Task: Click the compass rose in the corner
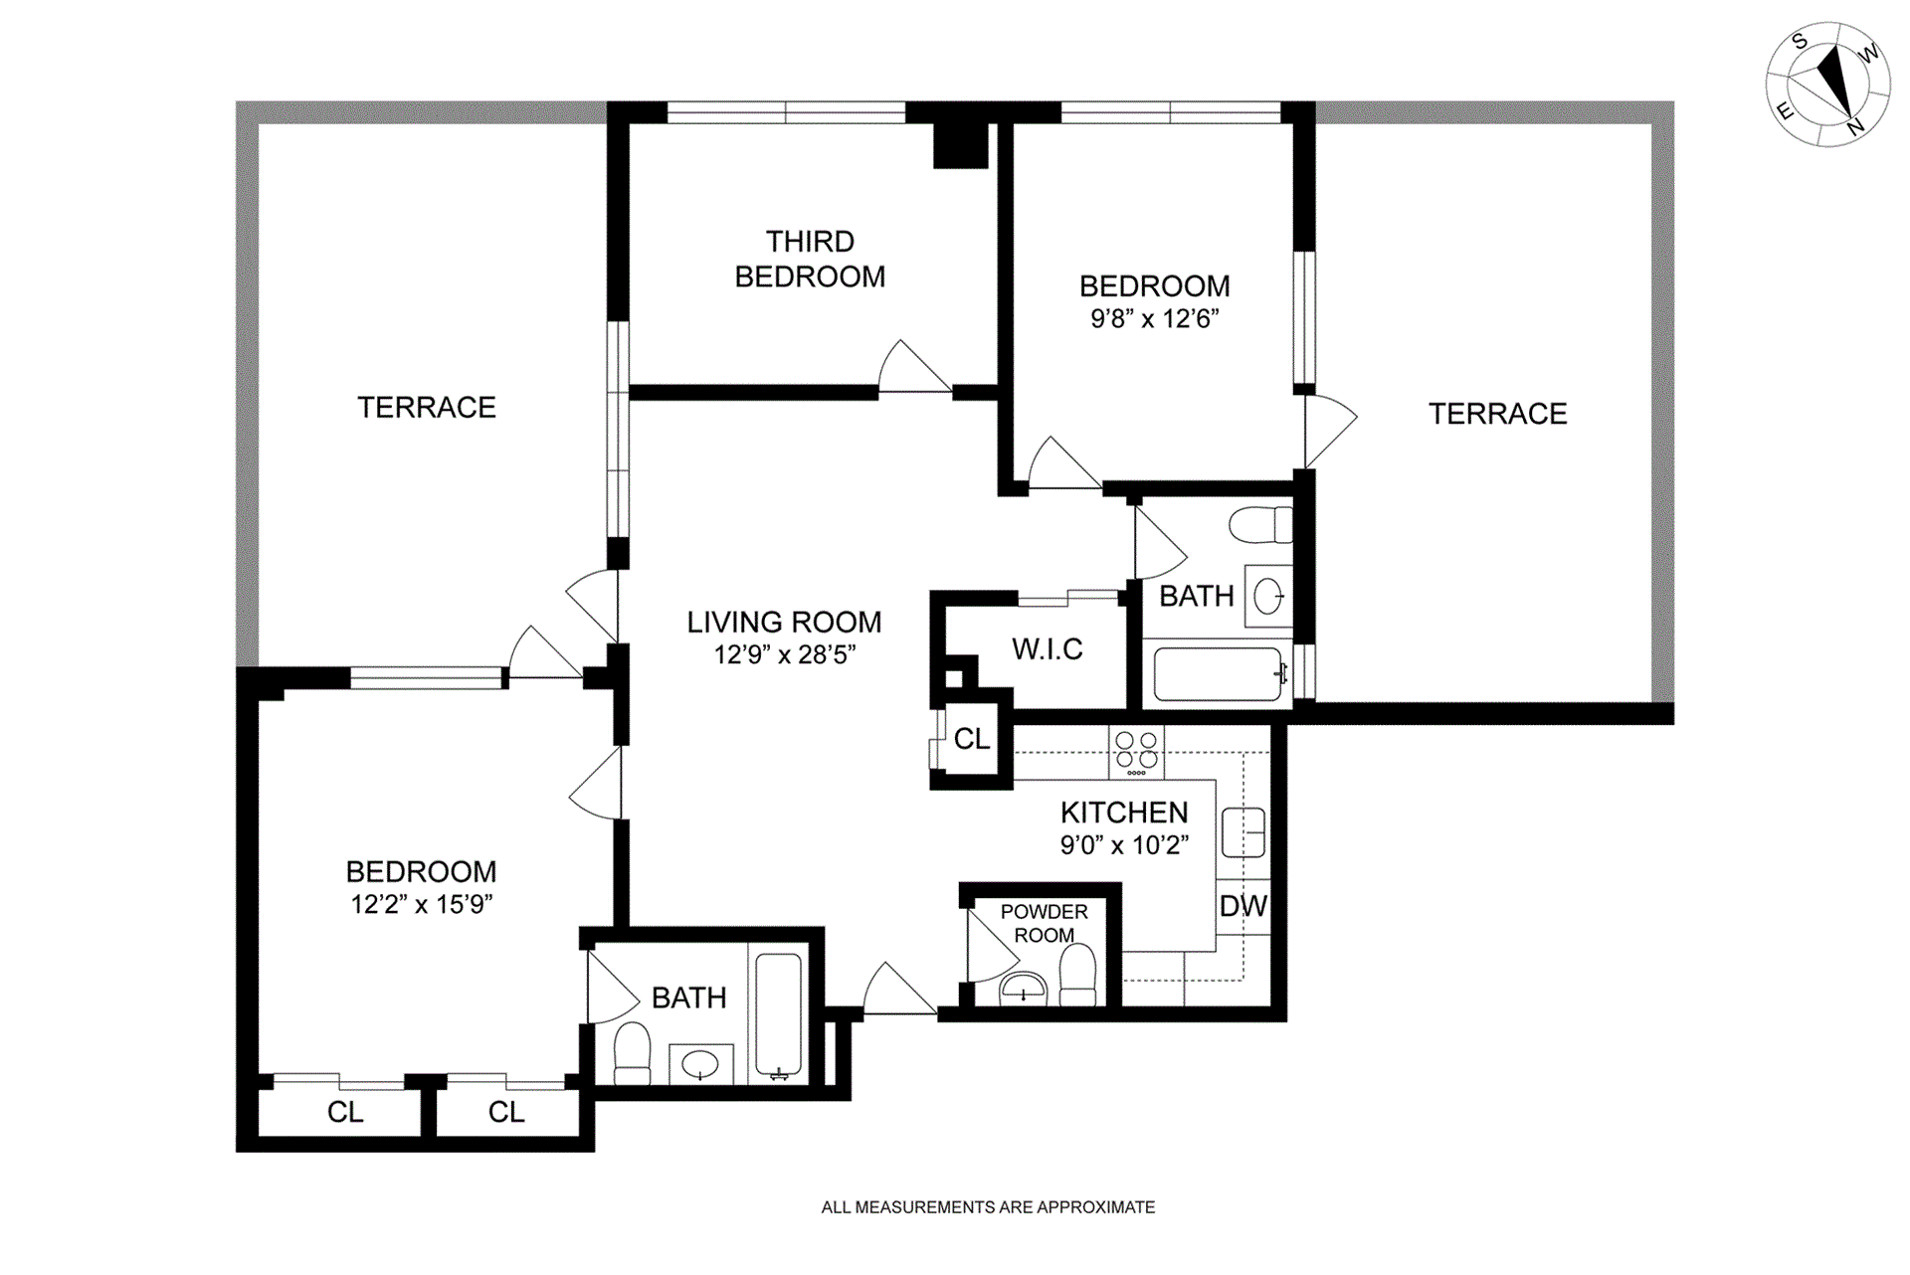coord(1828,85)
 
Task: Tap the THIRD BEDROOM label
coord(810,259)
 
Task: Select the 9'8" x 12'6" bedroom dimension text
coord(1154,319)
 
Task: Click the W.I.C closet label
coord(1047,649)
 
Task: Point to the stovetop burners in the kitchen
coord(1136,753)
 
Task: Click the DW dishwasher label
coord(1242,906)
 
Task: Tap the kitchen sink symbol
coord(1242,832)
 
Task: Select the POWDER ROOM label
coord(1044,923)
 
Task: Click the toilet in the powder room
coord(1077,975)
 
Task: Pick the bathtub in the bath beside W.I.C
coord(1218,674)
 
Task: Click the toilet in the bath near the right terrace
coord(1259,525)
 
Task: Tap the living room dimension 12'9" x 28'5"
coord(784,654)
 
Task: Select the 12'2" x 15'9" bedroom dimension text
coord(422,904)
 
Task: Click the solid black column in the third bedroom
coord(960,145)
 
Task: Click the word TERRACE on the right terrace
coord(1497,414)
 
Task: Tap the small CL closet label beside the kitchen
coord(971,739)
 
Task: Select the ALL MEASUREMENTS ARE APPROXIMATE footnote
coord(988,1207)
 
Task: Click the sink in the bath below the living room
coord(700,1064)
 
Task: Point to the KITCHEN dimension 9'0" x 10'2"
coord(1124,845)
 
